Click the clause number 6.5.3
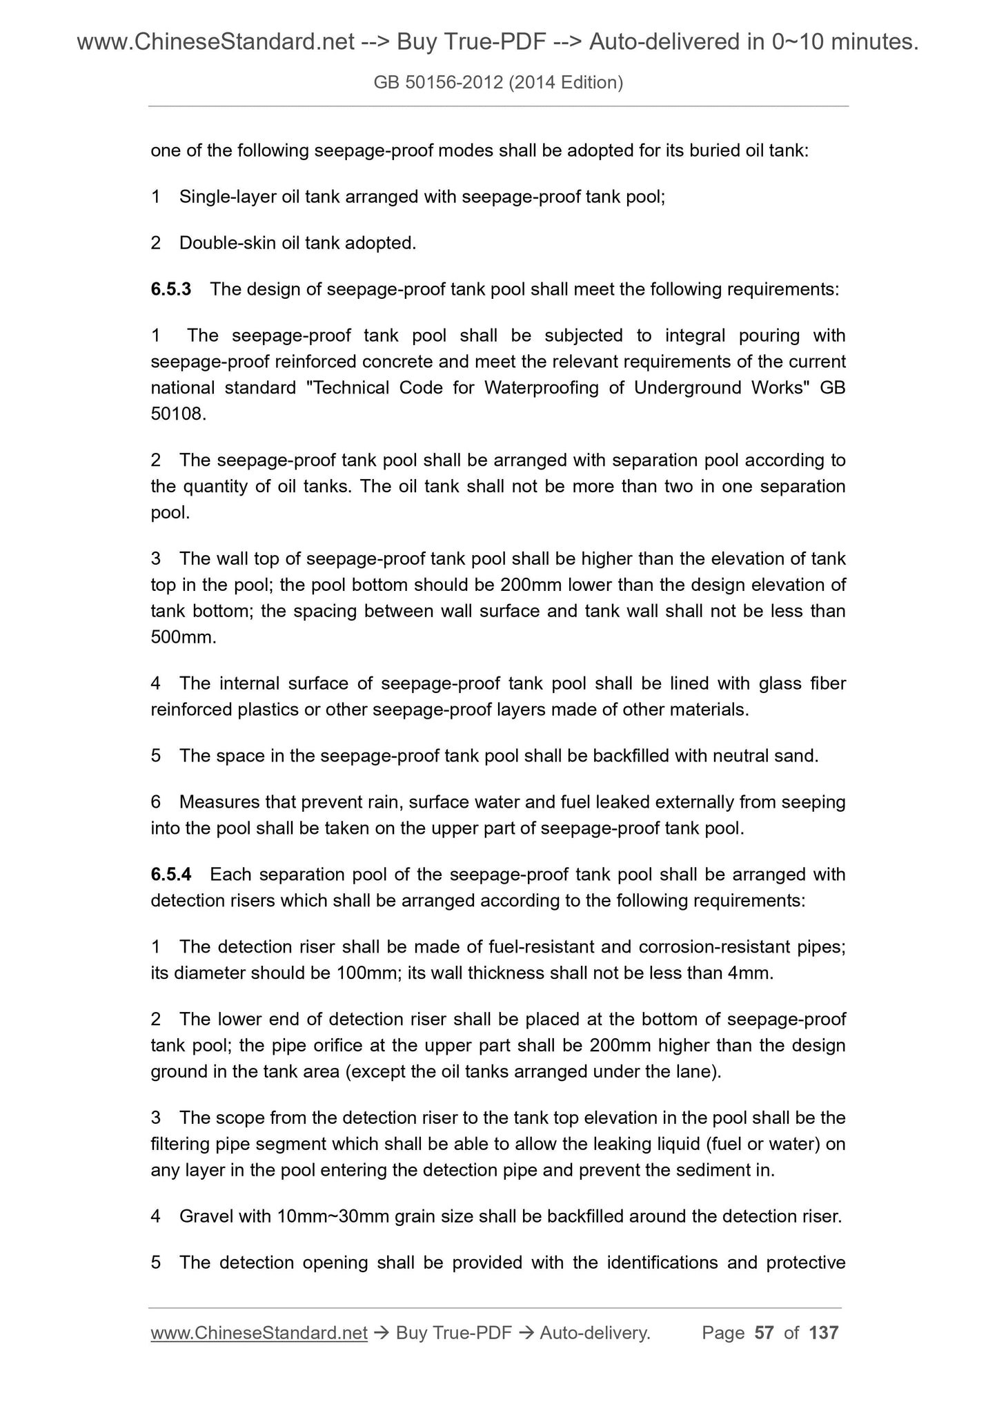[x=170, y=289]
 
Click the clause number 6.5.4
[x=170, y=875]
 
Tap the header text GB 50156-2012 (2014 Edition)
[x=498, y=83]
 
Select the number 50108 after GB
[x=177, y=414]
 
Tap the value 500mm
[x=183, y=637]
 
